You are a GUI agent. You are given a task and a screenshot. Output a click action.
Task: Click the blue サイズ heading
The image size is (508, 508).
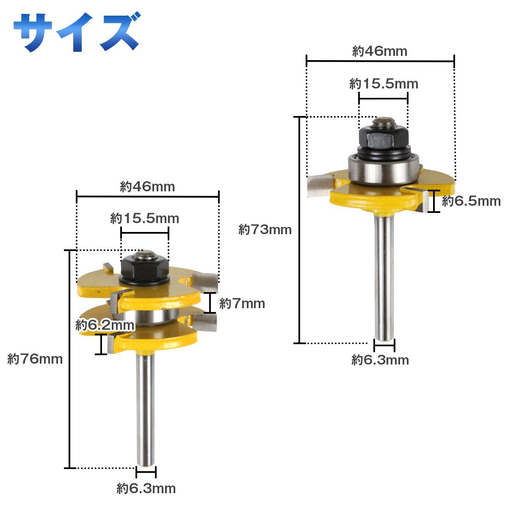(x=77, y=32)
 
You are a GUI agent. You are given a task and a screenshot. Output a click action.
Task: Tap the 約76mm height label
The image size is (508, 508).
(x=35, y=359)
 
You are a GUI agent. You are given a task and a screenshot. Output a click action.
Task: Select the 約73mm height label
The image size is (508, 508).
(x=265, y=229)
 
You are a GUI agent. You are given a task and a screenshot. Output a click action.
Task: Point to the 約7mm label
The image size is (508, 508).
(x=242, y=304)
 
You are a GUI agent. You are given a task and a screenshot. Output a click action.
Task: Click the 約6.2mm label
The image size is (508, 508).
(x=105, y=325)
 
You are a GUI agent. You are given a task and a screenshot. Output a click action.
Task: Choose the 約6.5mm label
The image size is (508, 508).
(x=471, y=201)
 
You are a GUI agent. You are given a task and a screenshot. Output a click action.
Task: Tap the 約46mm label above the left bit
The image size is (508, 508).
(x=147, y=187)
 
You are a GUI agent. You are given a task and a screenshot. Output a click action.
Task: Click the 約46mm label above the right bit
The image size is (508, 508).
(x=380, y=51)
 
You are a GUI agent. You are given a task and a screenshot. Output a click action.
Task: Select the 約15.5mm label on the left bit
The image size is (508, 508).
(x=144, y=218)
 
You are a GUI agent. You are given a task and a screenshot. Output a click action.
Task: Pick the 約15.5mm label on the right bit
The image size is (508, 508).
(x=384, y=84)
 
